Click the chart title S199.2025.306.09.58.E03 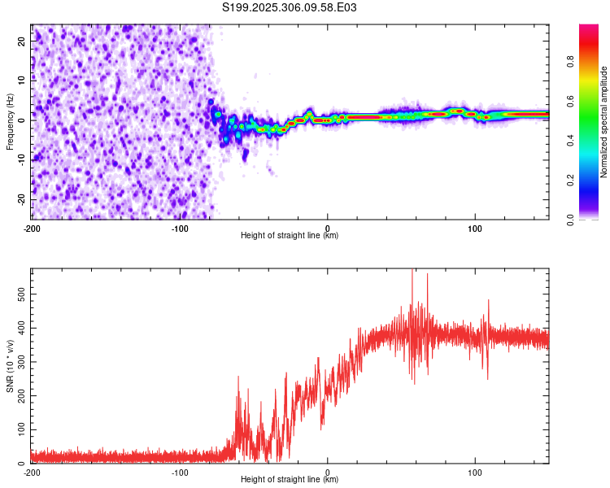(290, 7)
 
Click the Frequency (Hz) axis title (10, 121)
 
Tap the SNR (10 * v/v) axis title (10, 365)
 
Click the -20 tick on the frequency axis (20, 199)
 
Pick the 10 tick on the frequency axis (21, 81)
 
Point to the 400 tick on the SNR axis (17, 326)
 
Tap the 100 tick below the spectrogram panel (475, 229)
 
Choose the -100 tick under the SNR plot (180, 473)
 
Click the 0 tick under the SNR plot (327, 473)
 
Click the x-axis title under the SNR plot (290, 480)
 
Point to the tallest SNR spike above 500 (412, 272)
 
